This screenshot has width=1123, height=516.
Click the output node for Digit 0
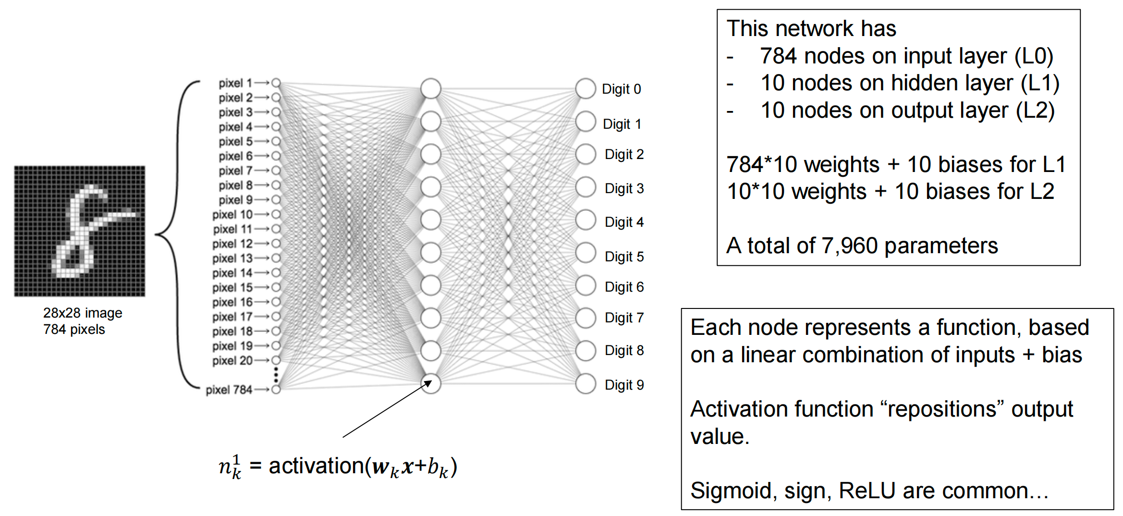coord(585,89)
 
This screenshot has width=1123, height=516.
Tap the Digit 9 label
coord(624,385)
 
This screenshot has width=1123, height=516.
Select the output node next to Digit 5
coord(585,253)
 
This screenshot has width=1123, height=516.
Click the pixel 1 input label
coord(235,83)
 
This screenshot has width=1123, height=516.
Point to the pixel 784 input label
coord(229,390)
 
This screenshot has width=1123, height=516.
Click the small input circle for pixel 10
coord(276,214)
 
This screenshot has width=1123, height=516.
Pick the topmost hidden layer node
coord(430,89)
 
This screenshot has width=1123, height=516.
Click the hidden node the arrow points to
coord(430,383)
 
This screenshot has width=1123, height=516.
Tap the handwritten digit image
coord(80,231)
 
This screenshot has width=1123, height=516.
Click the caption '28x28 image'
coord(83,313)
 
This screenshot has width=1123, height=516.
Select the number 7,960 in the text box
coord(850,246)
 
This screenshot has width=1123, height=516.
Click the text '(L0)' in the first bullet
coord(1034,56)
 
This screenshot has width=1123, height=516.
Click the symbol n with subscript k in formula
coord(229,467)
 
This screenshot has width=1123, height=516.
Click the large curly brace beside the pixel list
coord(178,234)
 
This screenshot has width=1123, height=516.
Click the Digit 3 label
coord(624,188)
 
